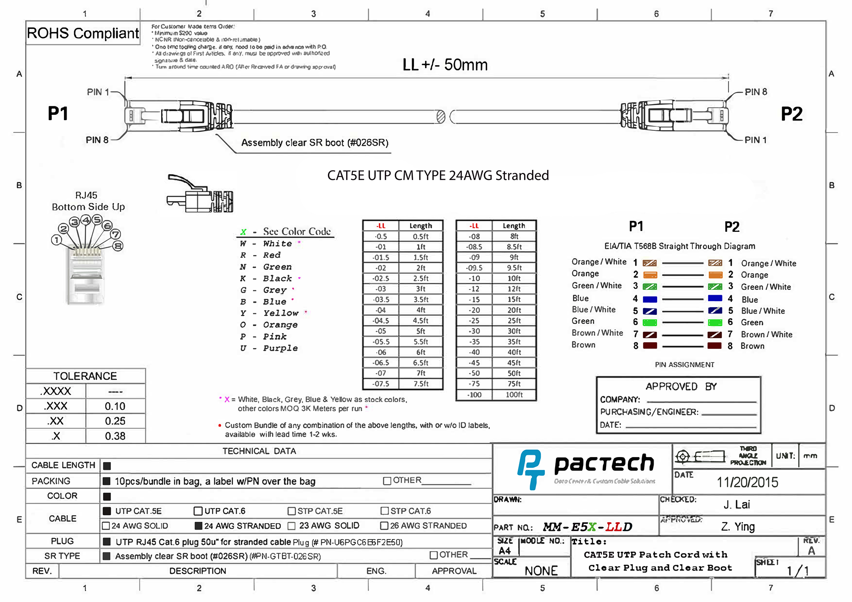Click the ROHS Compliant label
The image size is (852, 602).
click(83, 33)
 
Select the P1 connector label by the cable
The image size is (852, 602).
click(58, 113)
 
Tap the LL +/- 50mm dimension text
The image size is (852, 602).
click(445, 65)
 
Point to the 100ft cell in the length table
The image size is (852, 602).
click(514, 395)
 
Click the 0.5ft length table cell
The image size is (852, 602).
click(420, 236)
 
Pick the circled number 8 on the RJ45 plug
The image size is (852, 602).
click(118, 246)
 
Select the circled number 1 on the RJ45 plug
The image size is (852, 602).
click(56, 240)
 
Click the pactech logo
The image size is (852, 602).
click(586, 468)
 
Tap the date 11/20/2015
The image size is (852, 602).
click(747, 482)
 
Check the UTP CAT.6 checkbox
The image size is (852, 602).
click(198, 511)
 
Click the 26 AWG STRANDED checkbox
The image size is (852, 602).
click(384, 526)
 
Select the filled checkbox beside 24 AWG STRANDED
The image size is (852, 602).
click(199, 526)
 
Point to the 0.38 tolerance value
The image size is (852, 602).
click(115, 436)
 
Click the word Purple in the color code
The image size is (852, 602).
click(280, 348)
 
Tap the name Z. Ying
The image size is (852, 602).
click(738, 527)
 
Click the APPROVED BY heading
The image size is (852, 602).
click(681, 387)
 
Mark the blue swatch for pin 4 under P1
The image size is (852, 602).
click(650, 299)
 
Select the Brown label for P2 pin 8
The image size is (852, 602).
click(752, 346)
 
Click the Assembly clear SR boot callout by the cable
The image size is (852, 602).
click(315, 143)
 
